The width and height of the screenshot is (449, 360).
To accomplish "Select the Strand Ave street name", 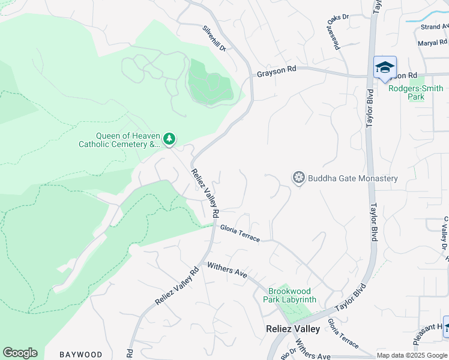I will [x=435, y=27].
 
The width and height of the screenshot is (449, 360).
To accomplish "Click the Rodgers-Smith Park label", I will [x=415, y=92].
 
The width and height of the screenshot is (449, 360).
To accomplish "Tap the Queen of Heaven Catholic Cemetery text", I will [x=119, y=140].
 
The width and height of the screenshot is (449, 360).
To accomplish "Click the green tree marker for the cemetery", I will [x=170, y=139].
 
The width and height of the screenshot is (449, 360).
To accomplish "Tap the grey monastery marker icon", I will [x=298, y=178].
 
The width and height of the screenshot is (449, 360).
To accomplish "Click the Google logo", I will [x=20, y=353].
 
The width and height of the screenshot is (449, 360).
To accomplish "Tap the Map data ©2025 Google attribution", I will [x=412, y=355].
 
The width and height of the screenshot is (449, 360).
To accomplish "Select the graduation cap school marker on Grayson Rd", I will [x=385, y=67].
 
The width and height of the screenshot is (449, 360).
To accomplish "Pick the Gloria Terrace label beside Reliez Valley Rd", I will [x=240, y=233].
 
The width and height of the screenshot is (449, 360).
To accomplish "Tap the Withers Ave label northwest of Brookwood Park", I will [x=227, y=270].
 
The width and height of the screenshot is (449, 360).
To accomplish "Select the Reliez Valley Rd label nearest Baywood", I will [x=176, y=286].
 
